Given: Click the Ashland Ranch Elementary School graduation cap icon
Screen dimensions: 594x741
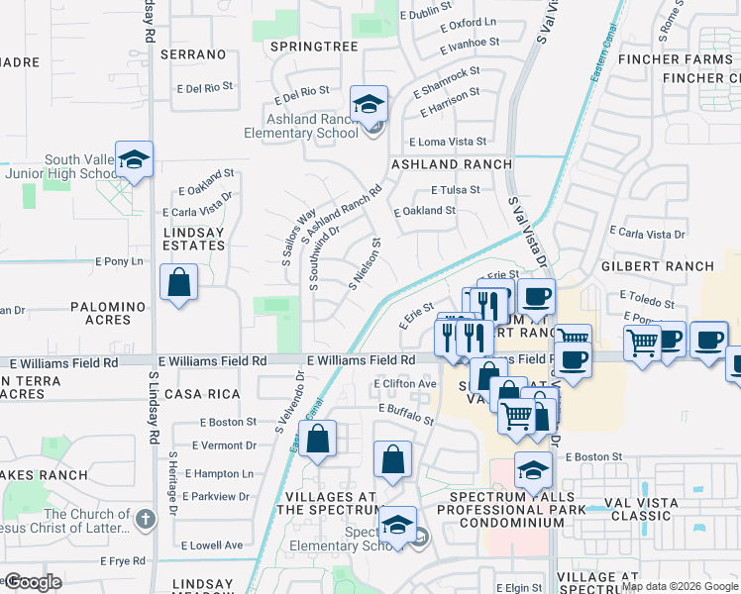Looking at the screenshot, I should coord(369,104).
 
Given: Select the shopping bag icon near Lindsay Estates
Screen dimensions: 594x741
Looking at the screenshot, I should coord(178,281).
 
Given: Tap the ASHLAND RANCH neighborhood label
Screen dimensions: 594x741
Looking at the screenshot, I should coord(452,164).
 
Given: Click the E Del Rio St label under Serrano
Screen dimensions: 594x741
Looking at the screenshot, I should coord(205,88).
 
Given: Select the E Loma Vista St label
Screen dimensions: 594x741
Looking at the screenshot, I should coord(448,142).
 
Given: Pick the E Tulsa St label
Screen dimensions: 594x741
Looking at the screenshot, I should coord(456,189).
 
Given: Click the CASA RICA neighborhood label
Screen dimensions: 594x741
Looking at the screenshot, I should coord(202,394).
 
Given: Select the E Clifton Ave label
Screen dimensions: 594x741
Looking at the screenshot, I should coord(405,383).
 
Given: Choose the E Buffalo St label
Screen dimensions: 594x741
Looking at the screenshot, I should coord(406,414).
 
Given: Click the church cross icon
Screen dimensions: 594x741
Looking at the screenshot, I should coord(145,518).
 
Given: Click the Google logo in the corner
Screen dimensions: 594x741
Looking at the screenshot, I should coord(33,582).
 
